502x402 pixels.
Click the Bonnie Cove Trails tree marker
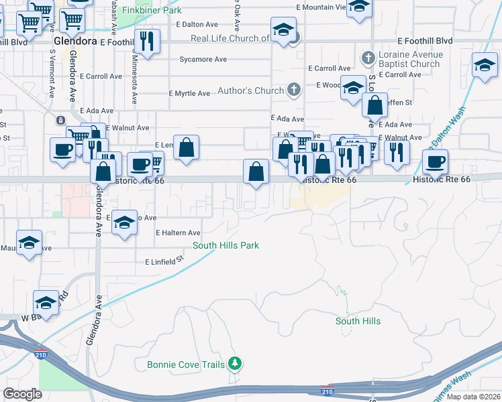234,364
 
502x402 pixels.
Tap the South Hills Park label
225,245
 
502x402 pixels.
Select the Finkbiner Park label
152,11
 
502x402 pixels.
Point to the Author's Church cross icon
293,89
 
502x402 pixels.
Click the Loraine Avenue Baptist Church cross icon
367,58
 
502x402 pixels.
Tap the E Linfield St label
160,261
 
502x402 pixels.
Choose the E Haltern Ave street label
178,233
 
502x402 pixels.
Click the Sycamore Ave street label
203,60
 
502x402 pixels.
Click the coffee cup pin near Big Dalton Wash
435,161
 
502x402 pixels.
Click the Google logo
22,393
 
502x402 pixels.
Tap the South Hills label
358,321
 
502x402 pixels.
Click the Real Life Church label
230,38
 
